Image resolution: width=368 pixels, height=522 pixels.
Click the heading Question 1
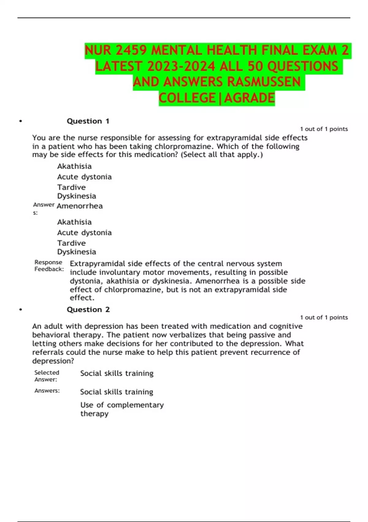click(x=88, y=121)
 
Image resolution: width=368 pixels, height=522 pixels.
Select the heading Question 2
click(x=88, y=310)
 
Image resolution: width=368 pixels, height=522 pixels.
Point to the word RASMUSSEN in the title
click(x=264, y=82)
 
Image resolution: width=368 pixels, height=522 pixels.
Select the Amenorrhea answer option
click(x=80, y=206)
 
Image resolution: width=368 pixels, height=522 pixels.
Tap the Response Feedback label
click(x=49, y=266)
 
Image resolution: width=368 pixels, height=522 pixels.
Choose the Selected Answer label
click(x=47, y=376)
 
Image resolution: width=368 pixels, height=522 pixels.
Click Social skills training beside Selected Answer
click(x=117, y=373)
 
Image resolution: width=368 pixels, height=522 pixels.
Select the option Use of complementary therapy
click(x=122, y=409)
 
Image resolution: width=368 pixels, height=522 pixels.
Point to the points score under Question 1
click(x=324, y=129)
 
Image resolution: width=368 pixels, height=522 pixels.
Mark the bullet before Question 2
click(x=21, y=310)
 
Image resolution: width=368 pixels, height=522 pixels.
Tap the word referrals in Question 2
click(x=48, y=352)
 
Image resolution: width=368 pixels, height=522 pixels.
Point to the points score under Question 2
click(x=324, y=317)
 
